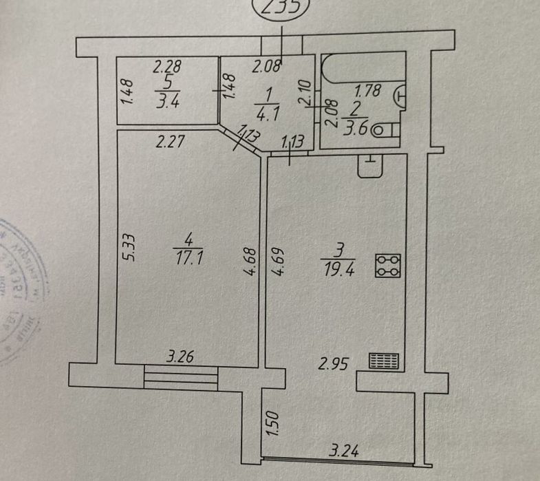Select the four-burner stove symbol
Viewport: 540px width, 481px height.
click(388, 266)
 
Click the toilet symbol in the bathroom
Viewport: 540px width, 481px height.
click(389, 129)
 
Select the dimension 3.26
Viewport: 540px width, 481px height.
click(180, 357)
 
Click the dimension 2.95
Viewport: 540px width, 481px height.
click(332, 362)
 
